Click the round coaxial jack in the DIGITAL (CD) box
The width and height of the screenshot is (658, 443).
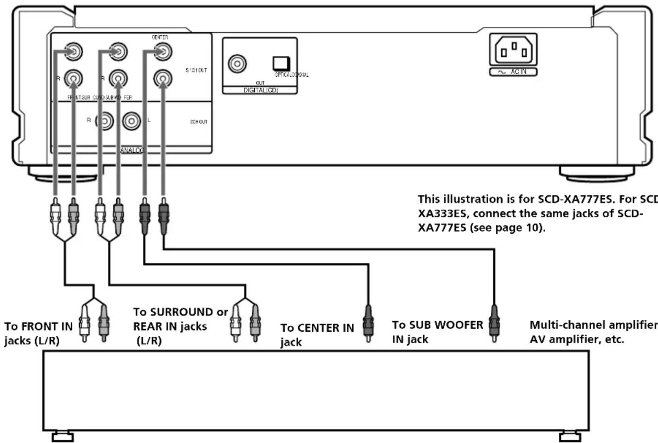click(237, 64)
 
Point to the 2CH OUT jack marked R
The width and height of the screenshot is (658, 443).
click(103, 120)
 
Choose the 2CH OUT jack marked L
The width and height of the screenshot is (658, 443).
click(131, 120)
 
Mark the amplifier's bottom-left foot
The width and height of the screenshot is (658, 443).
click(62, 436)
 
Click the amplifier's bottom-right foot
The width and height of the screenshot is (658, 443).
click(570, 436)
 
